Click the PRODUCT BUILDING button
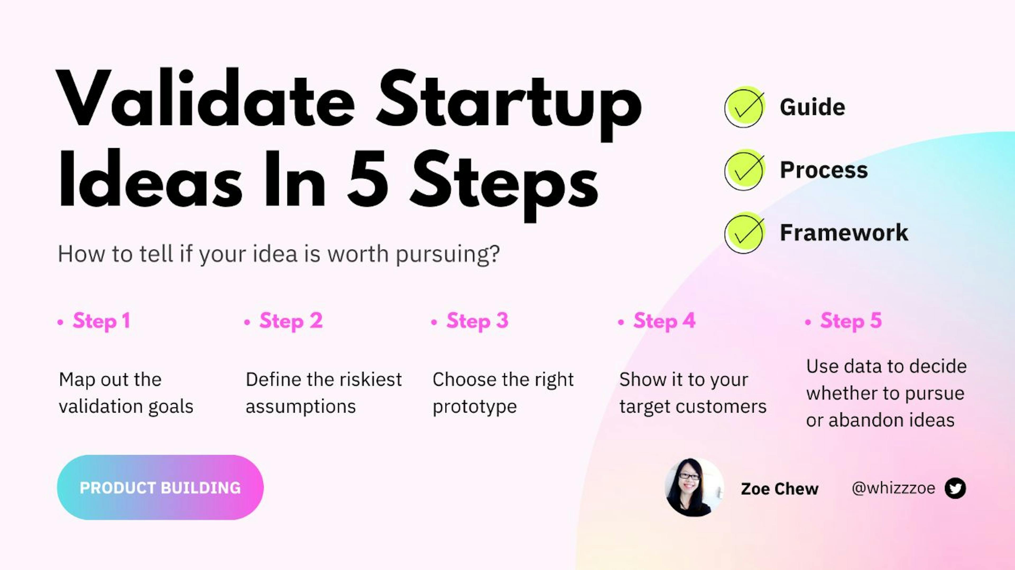[160, 487]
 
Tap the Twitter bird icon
[955, 488]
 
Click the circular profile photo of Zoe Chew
[694, 487]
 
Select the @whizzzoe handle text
[893, 488]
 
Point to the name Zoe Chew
[779, 489]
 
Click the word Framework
[844, 232]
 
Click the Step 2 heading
[291, 321]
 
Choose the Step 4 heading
[664, 321]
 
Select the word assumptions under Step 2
[301, 406]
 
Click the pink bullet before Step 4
[621, 322]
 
